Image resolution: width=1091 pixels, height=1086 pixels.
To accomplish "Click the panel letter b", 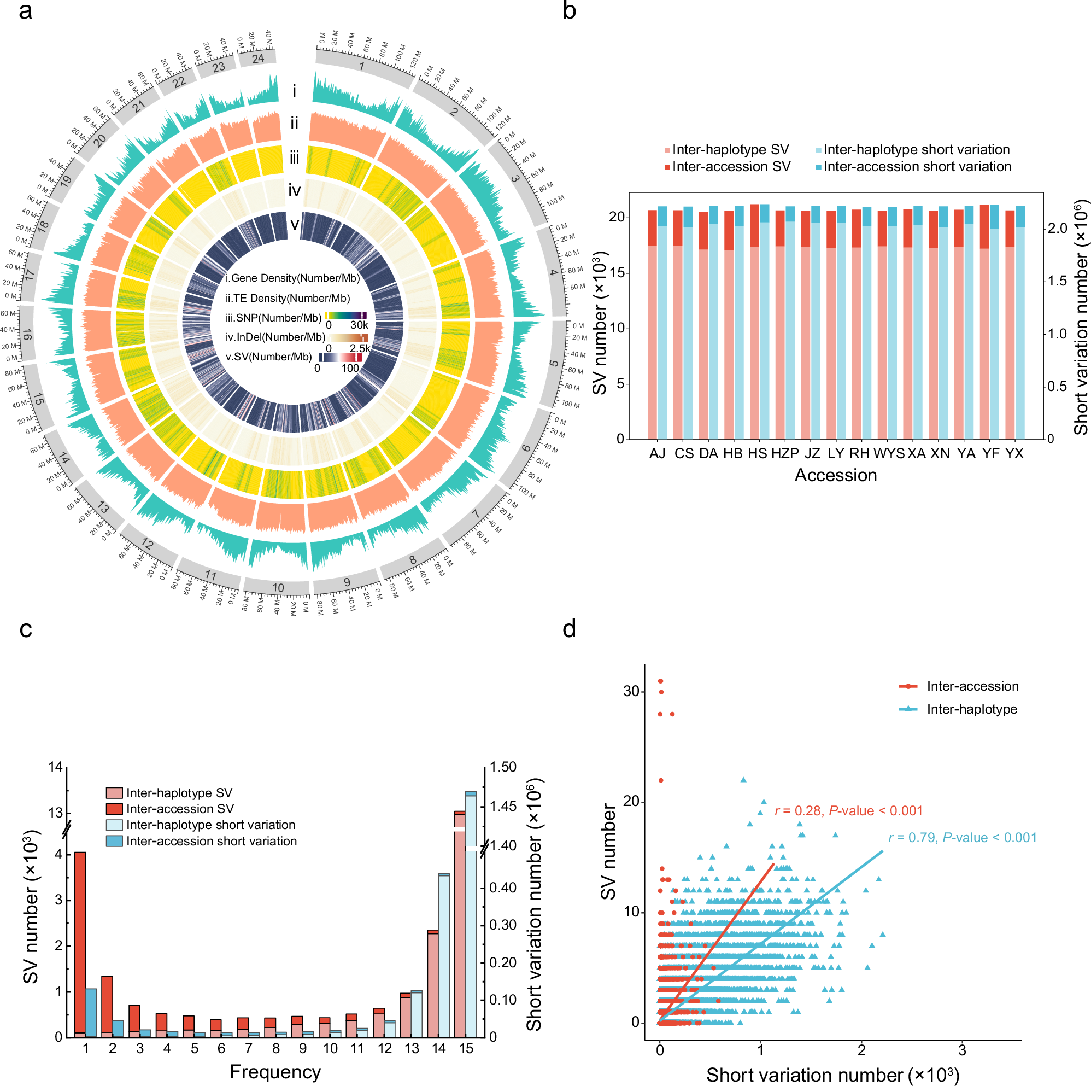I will (568, 11).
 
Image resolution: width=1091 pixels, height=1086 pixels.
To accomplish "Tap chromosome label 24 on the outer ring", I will (257, 58).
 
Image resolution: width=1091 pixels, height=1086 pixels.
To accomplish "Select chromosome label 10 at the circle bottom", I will (278, 587).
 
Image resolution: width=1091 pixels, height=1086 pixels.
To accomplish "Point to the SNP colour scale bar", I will (345, 316).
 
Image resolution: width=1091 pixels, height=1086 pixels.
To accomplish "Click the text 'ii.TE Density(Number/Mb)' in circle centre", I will (288, 298).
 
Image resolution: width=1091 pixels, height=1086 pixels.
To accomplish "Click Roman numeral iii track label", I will (294, 157).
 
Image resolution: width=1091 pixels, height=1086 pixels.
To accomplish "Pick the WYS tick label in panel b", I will (888, 453).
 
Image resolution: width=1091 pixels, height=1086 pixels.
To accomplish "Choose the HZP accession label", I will (784, 453).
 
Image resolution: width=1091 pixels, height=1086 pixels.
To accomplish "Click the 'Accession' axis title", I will (835, 475).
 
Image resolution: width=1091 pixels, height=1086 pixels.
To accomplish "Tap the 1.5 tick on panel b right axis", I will (1057, 281).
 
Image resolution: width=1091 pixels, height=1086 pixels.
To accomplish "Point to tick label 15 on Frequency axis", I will (466, 1048).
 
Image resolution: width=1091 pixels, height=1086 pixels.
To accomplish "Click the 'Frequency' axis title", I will (275, 1071).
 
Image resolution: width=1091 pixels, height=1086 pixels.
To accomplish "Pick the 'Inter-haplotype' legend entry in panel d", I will (971, 709).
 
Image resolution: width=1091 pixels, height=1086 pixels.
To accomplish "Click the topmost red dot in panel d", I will (660, 681).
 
